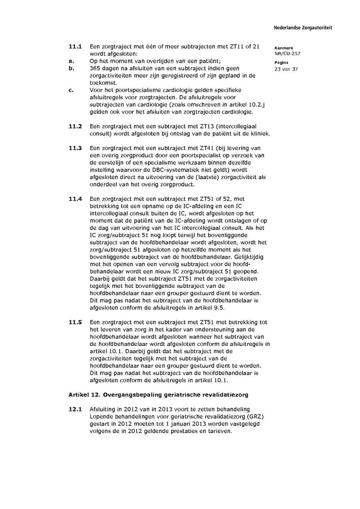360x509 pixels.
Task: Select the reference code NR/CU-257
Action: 287,53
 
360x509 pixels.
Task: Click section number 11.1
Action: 75,46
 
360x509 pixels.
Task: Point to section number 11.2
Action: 75,126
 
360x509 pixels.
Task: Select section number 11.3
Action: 75,148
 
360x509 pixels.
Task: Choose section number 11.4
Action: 75,199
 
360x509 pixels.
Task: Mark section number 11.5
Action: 75,322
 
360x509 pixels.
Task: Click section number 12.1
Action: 75,409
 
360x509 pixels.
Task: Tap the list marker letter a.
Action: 71,61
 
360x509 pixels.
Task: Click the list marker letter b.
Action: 71,68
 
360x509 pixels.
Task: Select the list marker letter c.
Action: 71,90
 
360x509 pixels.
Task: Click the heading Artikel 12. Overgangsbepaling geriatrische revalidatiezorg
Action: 158,395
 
